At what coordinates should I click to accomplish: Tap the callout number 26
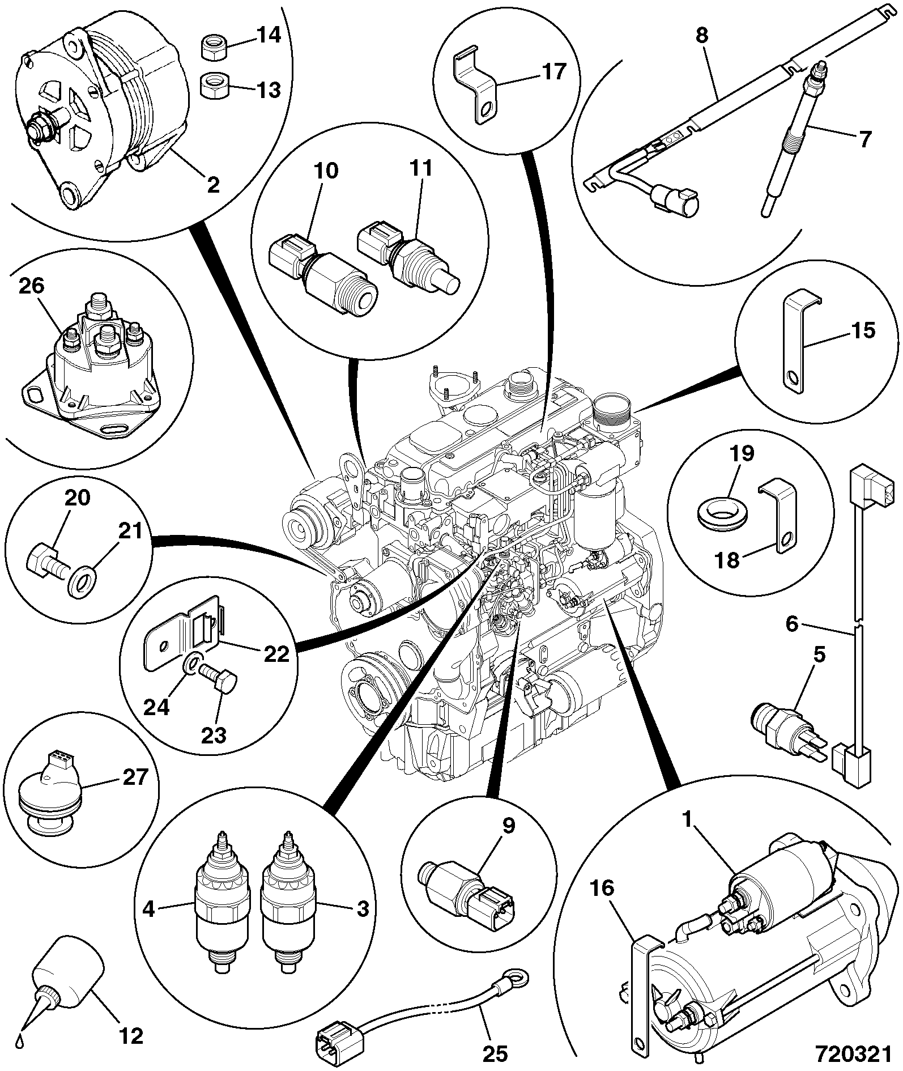click(x=31, y=286)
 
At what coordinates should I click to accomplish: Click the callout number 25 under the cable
click(x=495, y=1053)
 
